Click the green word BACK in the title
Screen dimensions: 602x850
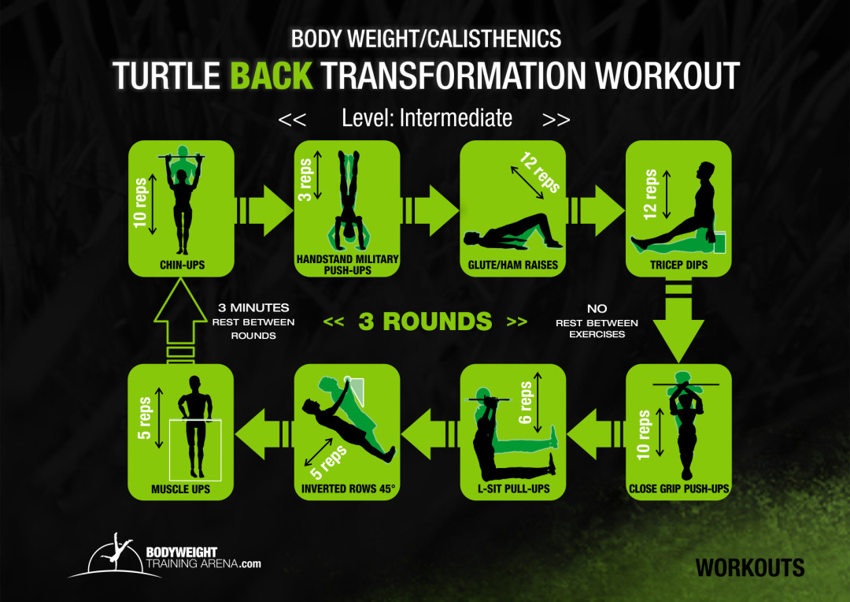pyautogui.click(x=271, y=76)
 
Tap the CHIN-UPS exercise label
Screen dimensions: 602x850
pyautogui.click(x=182, y=266)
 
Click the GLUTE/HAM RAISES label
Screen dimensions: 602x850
pyautogui.click(x=512, y=266)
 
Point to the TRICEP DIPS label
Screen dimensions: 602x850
pyautogui.click(x=678, y=266)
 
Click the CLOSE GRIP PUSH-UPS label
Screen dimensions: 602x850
pyautogui.click(x=678, y=489)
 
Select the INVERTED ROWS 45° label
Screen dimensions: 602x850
pyautogui.click(x=347, y=489)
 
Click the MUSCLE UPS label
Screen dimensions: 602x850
pyautogui.click(x=181, y=489)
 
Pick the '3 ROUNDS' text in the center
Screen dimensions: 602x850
pyautogui.click(x=425, y=321)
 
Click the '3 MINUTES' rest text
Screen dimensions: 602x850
pyautogui.click(x=253, y=308)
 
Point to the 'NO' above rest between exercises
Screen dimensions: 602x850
pyautogui.click(x=597, y=309)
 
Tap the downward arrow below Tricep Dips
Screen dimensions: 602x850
pyautogui.click(x=678, y=323)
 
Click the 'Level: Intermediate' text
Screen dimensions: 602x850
pyautogui.click(x=427, y=118)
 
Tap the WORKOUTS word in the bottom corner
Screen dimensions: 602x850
pyautogui.click(x=749, y=567)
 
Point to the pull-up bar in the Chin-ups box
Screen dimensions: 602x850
pyautogui.click(x=182, y=158)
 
